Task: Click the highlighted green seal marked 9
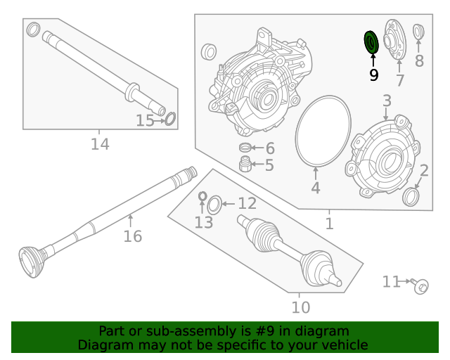coord(371,43)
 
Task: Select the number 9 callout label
coord(373,74)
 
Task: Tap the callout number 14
coord(100,144)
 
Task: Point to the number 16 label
coord(132,236)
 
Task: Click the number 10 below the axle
coord(300,307)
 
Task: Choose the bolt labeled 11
coord(420,285)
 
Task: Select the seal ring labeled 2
coord(411,197)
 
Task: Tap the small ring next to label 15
coord(169,118)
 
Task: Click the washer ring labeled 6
coord(245,148)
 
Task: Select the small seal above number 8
coord(418,32)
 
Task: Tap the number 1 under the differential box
coord(329,224)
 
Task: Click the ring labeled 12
coord(215,205)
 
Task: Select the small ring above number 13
coord(202,195)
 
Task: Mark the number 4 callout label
coord(316,188)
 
